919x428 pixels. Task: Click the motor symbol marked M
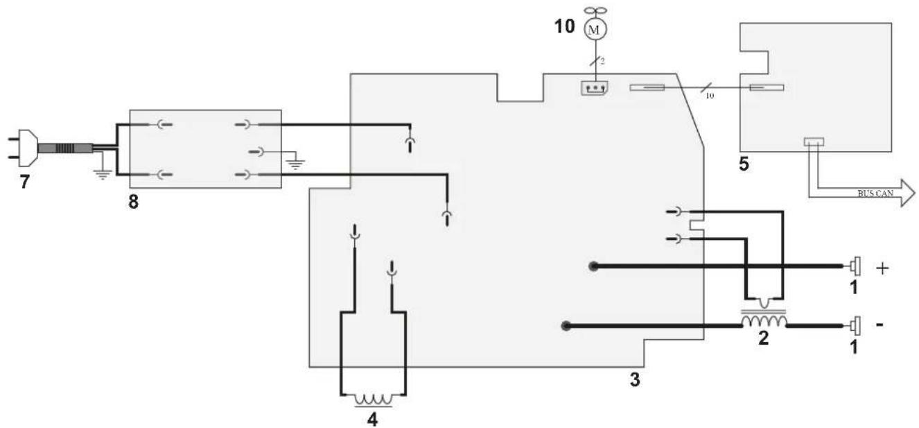pyautogui.click(x=595, y=29)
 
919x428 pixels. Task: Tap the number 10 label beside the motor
pyautogui.click(x=565, y=26)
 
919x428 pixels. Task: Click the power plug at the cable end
pyautogui.click(x=24, y=148)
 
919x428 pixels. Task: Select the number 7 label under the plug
pyautogui.click(x=25, y=182)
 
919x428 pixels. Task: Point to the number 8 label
pyautogui.click(x=134, y=202)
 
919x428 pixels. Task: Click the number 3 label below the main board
pyautogui.click(x=635, y=379)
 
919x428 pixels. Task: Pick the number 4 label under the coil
pyautogui.click(x=372, y=420)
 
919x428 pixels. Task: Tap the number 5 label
pyautogui.click(x=744, y=164)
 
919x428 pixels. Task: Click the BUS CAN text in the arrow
pyautogui.click(x=875, y=193)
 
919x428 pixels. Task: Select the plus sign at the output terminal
pyautogui.click(x=882, y=268)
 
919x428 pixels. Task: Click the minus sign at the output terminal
pyautogui.click(x=879, y=325)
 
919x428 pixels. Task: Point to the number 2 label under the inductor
pyautogui.click(x=764, y=338)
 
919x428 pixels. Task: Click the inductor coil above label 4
pyautogui.click(x=374, y=400)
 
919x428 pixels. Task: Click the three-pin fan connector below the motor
pyautogui.click(x=595, y=88)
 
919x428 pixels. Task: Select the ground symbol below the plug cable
pyautogui.click(x=102, y=173)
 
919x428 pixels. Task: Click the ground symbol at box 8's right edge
pyautogui.click(x=295, y=164)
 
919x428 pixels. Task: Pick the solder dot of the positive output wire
pyautogui.click(x=593, y=266)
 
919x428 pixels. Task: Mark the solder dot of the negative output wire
pyautogui.click(x=566, y=326)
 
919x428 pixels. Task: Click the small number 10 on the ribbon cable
pyautogui.click(x=710, y=96)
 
